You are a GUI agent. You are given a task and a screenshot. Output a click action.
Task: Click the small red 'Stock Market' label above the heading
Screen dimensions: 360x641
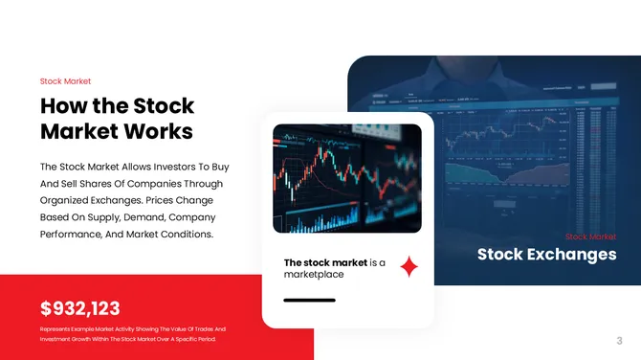(x=65, y=81)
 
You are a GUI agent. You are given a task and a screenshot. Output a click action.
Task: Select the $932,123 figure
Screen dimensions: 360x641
(x=80, y=307)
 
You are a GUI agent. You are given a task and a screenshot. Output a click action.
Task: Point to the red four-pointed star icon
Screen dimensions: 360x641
(x=409, y=267)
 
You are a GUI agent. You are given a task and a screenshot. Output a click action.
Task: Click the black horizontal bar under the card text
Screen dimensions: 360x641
(x=309, y=301)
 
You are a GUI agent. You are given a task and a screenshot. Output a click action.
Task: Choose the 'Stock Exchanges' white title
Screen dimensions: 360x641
(x=546, y=255)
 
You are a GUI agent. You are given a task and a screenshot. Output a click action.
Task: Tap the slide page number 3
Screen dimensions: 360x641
(x=620, y=340)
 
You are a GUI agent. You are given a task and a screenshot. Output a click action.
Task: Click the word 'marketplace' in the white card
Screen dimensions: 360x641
(x=314, y=275)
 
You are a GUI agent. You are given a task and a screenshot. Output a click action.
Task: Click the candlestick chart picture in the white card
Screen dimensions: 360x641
(x=347, y=179)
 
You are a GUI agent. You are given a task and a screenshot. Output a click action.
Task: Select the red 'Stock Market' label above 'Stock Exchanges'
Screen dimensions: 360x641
(x=590, y=236)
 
